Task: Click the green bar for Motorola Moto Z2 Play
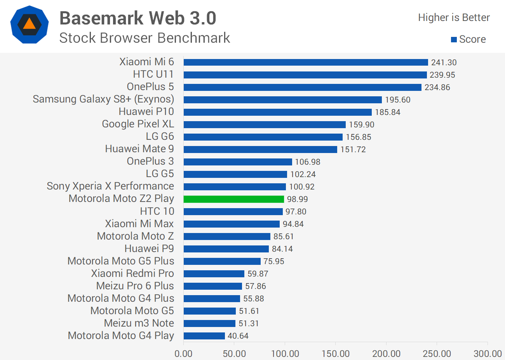pyautogui.click(x=234, y=199)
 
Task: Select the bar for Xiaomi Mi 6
pyautogui.click(x=306, y=63)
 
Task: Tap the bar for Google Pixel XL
pyautogui.click(x=265, y=125)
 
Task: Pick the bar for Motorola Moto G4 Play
pyautogui.click(x=204, y=336)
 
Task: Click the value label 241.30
pyautogui.click(x=444, y=63)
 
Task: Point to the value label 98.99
pyautogui.click(x=297, y=199)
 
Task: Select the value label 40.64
pyautogui.click(x=238, y=336)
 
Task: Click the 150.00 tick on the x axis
pyautogui.click(x=336, y=354)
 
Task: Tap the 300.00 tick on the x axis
pyautogui.click(x=488, y=354)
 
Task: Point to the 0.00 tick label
pyautogui.click(x=183, y=354)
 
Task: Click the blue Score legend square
pyautogui.click(x=454, y=40)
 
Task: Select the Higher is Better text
pyautogui.click(x=454, y=17)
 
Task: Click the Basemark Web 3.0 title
pyautogui.click(x=138, y=18)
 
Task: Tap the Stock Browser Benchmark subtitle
pyautogui.click(x=145, y=38)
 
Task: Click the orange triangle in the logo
pyautogui.click(x=30, y=24)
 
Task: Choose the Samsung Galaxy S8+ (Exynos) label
pyautogui.click(x=103, y=99)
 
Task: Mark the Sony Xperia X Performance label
pyautogui.click(x=110, y=186)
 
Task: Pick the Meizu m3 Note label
pyautogui.click(x=139, y=323)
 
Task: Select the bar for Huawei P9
pyautogui.click(x=226, y=249)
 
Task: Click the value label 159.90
pyautogui.click(x=361, y=125)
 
